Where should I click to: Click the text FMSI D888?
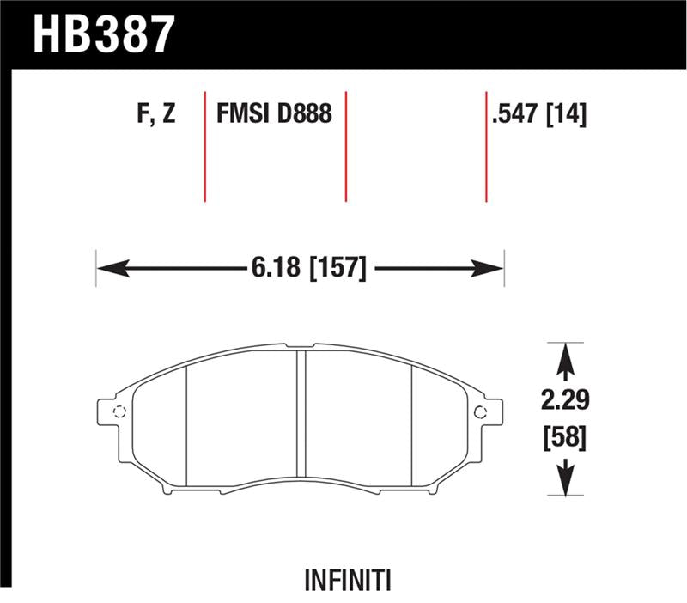[273, 114]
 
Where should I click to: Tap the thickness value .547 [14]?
[538, 114]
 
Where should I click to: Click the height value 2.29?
[565, 400]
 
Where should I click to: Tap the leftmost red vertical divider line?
[204, 146]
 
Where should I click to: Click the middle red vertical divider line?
[345, 146]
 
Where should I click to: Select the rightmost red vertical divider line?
[486, 146]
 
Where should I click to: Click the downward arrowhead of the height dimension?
[565, 486]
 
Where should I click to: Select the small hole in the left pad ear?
[119, 410]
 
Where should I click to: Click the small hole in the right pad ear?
[480, 410]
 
